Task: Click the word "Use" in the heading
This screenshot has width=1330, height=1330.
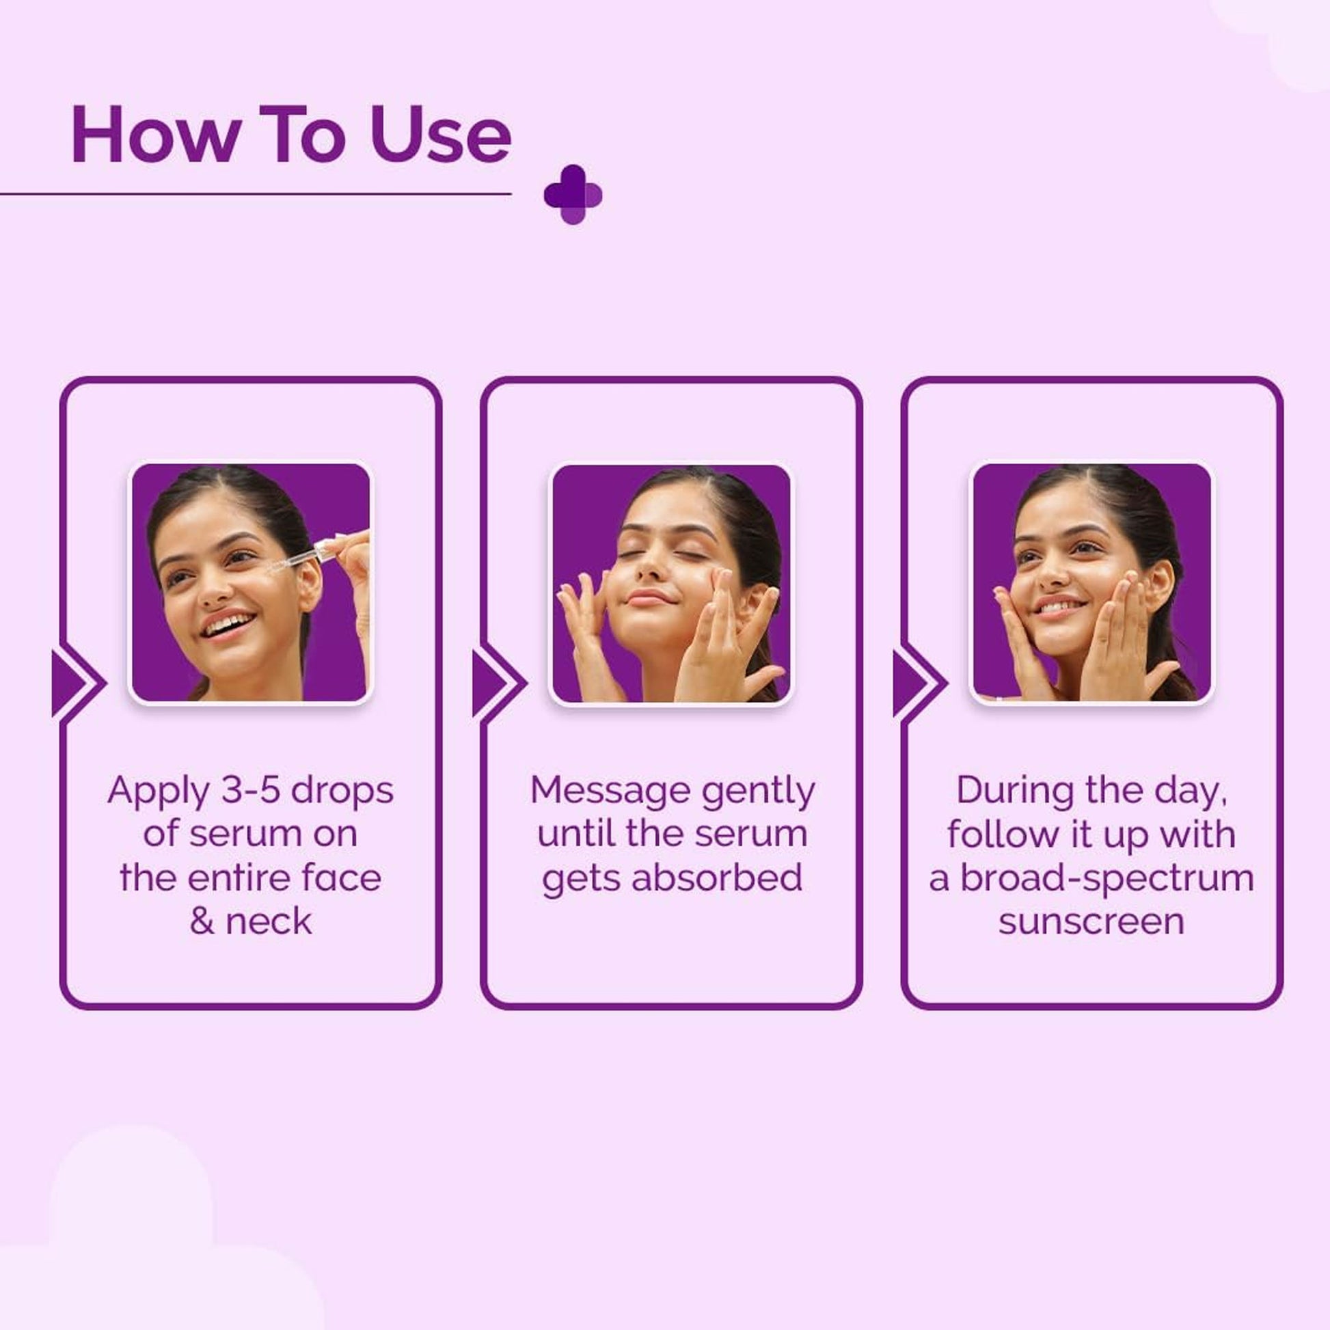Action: point(441,135)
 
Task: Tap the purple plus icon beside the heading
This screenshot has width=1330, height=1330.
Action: point(573,195)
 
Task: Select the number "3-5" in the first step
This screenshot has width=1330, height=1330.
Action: point(251,791)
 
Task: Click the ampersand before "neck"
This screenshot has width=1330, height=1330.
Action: point(202,922)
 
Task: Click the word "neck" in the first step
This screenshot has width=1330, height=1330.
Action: point(269,922)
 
